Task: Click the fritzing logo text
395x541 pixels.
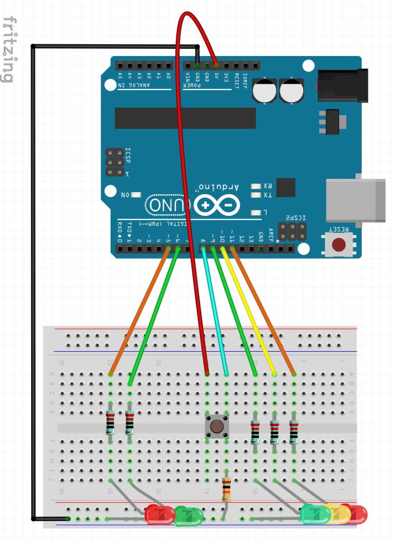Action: coord(8,50)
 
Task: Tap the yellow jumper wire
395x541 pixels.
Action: coord(248,313)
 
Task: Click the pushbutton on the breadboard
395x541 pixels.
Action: coord(216,426)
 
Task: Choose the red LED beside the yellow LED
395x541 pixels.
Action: coord(356,514)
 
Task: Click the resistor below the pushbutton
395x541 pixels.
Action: coord(227,489)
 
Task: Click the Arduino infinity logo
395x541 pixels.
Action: coord(216,205)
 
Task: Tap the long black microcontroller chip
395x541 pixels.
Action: coord(185,118)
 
